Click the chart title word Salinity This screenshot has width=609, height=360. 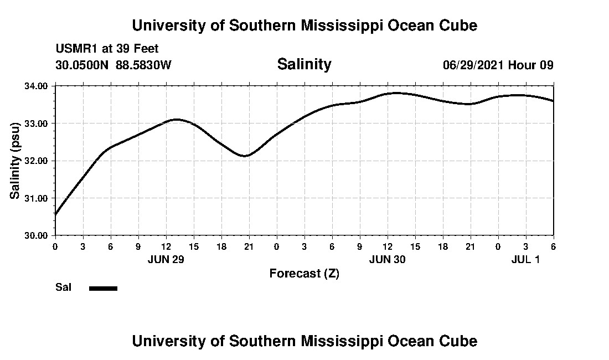pyautogui.click(x=304, y=64)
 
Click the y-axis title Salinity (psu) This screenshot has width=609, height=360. pyautogui.click(x=15, y=161)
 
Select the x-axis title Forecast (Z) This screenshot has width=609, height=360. pyautogui.click(x=304, y=273)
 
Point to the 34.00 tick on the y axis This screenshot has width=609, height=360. pyautogui.click(x=36, y=86)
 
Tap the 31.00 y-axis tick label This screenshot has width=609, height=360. pyautogui.click(x=36, y=198)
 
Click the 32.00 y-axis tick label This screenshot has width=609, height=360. pyautogui.click(x=36, y=161)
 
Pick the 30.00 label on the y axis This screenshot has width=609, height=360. pyautogui.click(x=36, y=235)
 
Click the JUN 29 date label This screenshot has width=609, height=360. pyautogui.click(x=166, y=259)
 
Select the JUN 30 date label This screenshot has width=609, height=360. pyautogui.click(x=387, y=259)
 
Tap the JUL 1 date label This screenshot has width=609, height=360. pyautogui.click(x=525, y=259)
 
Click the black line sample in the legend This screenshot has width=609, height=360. pyautogui.click(x=103, y=288)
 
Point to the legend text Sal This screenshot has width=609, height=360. pyautogui.click(x=63, y=287)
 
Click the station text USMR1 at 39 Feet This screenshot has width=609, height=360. pyautogui.click(x=107, y=49)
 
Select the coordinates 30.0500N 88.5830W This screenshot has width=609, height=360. pyautogui.click(x=113, y=65)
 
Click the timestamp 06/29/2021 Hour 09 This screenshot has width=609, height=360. pyautogui.click(x=498, y=65)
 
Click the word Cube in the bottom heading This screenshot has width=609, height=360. pyautogui.click(x=459, y=341)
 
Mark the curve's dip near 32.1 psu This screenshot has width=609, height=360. pyautogui.click(x=245, y=156)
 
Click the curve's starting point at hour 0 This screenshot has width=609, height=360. pyautogui.click(x=55, y=214)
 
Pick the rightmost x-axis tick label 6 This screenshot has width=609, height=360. pyautogui.click(x=553, y=246)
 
